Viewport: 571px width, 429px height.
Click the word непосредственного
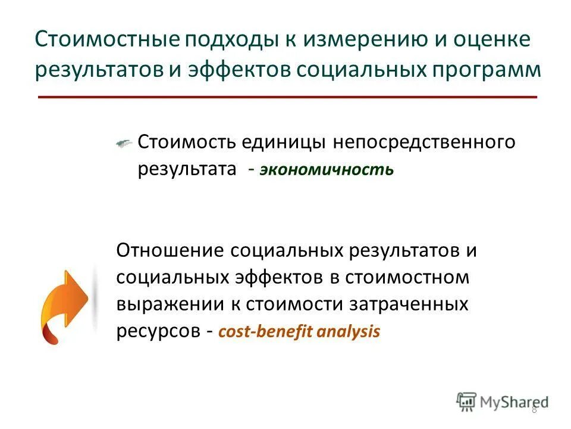tap(423, 143)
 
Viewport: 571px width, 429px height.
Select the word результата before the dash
tap(187, 169)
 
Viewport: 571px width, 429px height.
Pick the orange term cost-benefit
tap(266, 332)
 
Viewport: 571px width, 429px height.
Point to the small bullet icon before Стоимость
tap(124, 143)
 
